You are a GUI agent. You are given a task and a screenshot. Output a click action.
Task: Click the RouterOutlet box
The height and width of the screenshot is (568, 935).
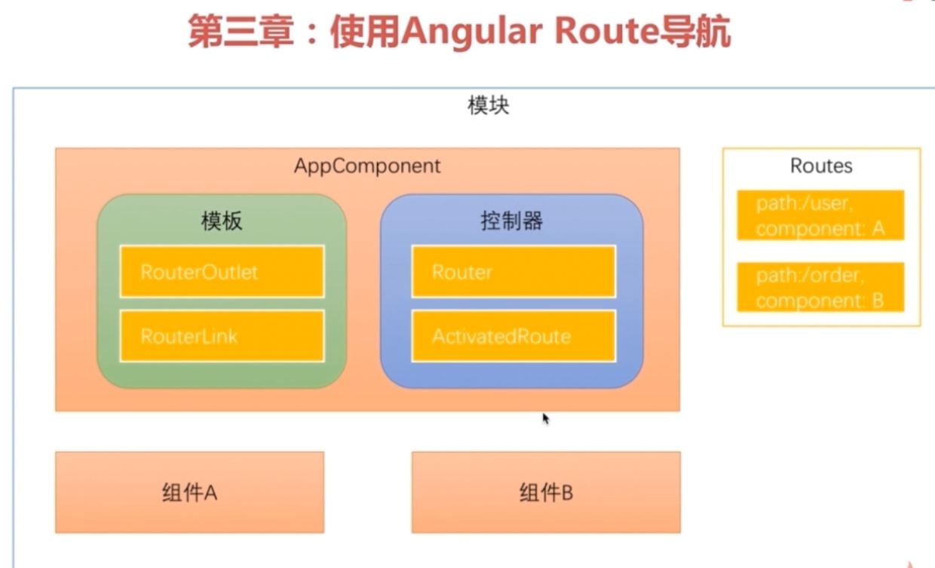(x=222, y=271)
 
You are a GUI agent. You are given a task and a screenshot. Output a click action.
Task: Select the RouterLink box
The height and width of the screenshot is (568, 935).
(x=222, y=336)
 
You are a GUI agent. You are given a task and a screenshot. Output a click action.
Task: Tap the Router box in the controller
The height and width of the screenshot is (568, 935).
(x=513, y=271)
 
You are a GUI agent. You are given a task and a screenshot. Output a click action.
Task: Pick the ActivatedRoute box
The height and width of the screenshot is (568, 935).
(x=513, y=336)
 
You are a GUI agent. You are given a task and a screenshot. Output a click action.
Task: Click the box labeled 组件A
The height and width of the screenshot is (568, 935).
(x=189, y=493)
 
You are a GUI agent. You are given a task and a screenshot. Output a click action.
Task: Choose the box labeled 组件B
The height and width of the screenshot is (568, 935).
(x=546, y=493)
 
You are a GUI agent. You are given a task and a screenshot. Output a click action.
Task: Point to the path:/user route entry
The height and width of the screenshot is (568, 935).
(x=820, y=215)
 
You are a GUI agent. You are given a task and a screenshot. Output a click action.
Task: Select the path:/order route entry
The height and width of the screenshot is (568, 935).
(x=820, y=288)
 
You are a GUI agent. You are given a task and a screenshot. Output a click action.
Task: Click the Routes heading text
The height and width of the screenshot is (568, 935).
(x=821, y=166)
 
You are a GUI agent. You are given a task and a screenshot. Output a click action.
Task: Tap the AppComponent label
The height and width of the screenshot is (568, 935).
(x=367, y=166)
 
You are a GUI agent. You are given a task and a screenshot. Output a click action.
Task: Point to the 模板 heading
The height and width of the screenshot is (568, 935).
(x=222, y=221)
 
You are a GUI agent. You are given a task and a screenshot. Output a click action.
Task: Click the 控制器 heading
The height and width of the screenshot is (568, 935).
(x=512, y=221)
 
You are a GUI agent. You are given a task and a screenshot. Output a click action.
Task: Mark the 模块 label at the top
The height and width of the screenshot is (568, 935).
(x=488, y=105)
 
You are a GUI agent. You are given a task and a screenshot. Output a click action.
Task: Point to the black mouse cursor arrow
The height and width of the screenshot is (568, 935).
(x=545, y=417)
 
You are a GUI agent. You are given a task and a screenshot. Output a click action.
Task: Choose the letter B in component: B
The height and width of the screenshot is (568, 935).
(x=878, y=301)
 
